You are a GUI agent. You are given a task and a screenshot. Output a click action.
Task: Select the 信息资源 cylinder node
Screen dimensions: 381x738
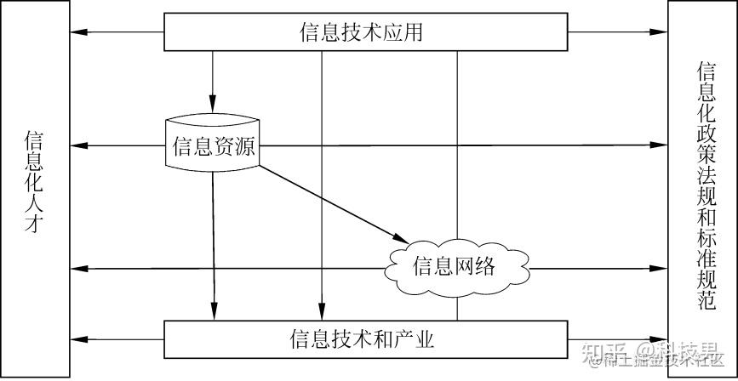pyautogui.click(x=212, y=145)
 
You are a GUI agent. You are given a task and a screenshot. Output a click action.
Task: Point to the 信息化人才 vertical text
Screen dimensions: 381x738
pyautogui.click(x=34, y=182)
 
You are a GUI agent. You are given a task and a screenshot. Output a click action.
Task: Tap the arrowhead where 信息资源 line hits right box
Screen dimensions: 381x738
pyautogui.click(x=661, y=145)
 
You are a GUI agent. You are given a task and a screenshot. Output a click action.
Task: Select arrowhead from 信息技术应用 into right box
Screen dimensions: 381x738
pyautogui.click(x=661, y=33)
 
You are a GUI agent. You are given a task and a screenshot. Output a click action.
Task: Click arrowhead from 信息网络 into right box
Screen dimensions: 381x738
pyautogui.click(x=661, y=269)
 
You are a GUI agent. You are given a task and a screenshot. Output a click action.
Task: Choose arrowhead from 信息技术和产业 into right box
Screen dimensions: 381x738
pyautogui.click(x=661, y=338)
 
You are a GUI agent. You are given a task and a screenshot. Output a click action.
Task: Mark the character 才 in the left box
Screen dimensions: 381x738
pyautogui.click(x=34, y=226)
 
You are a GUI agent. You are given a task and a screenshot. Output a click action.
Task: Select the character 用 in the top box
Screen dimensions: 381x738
pyautogui.click(x=413, y=33)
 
